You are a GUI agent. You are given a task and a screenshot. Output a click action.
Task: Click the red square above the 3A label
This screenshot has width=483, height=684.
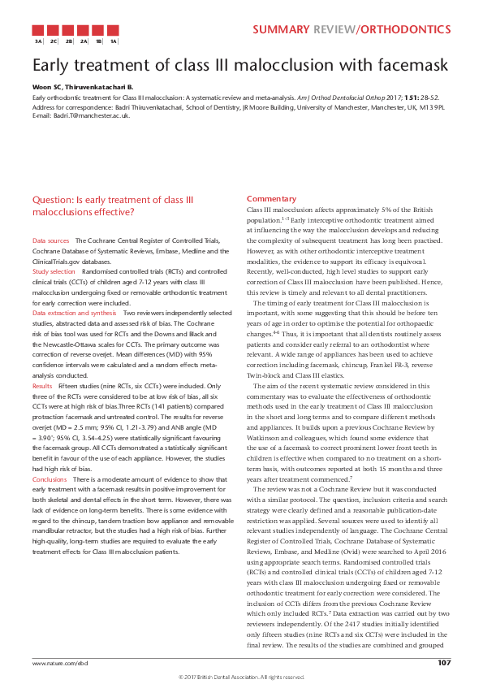[x=37, y=28]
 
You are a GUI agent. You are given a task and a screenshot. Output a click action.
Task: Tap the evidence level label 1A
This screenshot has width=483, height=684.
[x=114, y=40]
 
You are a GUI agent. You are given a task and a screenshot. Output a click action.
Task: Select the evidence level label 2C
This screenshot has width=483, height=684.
[x=53, y=40]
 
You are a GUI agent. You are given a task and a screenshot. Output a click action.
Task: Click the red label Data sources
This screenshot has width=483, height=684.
[x=50, y=241]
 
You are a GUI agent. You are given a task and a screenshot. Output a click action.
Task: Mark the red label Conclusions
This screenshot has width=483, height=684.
[x=50, y=457]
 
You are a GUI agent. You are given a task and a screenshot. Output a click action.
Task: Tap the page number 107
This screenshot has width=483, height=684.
[x=444, y=663]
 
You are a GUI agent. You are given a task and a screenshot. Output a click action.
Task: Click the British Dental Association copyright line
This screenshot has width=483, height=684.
[x=241, y=676]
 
